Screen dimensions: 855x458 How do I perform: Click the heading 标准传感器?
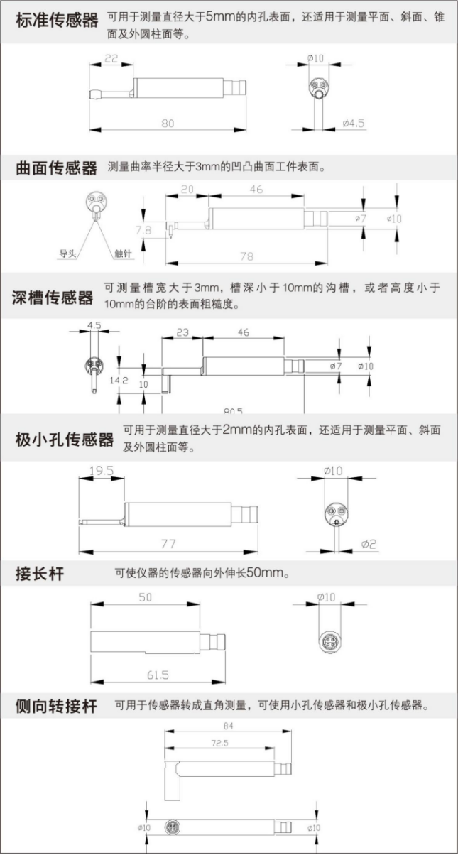point(57,21)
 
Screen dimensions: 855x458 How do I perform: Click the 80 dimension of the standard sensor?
point(168,123)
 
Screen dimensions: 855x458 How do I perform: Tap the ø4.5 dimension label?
point(353,123)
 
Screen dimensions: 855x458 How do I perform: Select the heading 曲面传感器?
point(56,169)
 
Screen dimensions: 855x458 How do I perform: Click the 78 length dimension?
point(247,256)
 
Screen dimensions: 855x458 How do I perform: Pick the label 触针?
point(121,253)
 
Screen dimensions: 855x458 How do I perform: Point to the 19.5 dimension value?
point(102,470)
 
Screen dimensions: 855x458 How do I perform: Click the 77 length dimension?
point(168,544)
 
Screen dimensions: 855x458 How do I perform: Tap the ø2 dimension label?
point(369,544)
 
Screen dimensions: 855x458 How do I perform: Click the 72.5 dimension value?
point(219,744)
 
